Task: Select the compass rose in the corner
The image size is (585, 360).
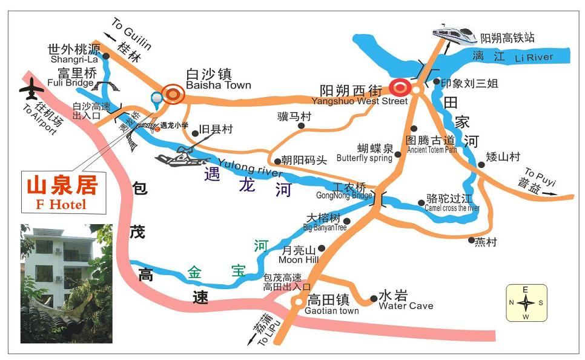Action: pos(526,302)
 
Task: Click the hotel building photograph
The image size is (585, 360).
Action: pos(67,284)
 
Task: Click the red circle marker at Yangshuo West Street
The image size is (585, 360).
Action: pos(400,88)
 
